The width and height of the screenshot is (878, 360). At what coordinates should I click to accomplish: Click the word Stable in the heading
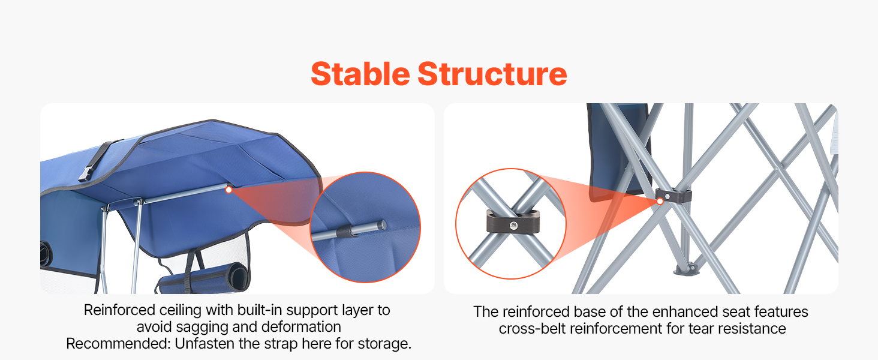click(x=360, y=74)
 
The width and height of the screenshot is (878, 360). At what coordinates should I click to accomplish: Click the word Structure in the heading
click(x=492, y=74)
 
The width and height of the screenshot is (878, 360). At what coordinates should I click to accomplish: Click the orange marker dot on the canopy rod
click(x=229, y=190)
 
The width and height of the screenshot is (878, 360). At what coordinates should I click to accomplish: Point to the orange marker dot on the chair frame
click(x=660, y=201)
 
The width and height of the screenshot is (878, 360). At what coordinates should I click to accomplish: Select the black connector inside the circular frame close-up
click(x=513, y=221)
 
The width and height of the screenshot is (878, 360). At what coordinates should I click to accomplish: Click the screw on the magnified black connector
click(x=513, y=226)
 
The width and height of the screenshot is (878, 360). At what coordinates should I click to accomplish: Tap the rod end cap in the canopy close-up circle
click(x=381, y=225)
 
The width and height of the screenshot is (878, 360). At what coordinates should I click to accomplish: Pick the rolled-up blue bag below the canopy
click(x=204, y=279)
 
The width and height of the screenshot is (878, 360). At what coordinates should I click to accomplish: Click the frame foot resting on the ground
click(x=685, y=270)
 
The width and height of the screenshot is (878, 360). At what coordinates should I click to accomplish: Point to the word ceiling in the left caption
click(x=181, y=310)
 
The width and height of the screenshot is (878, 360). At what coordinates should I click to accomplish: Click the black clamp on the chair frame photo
click(x=673, y=195)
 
